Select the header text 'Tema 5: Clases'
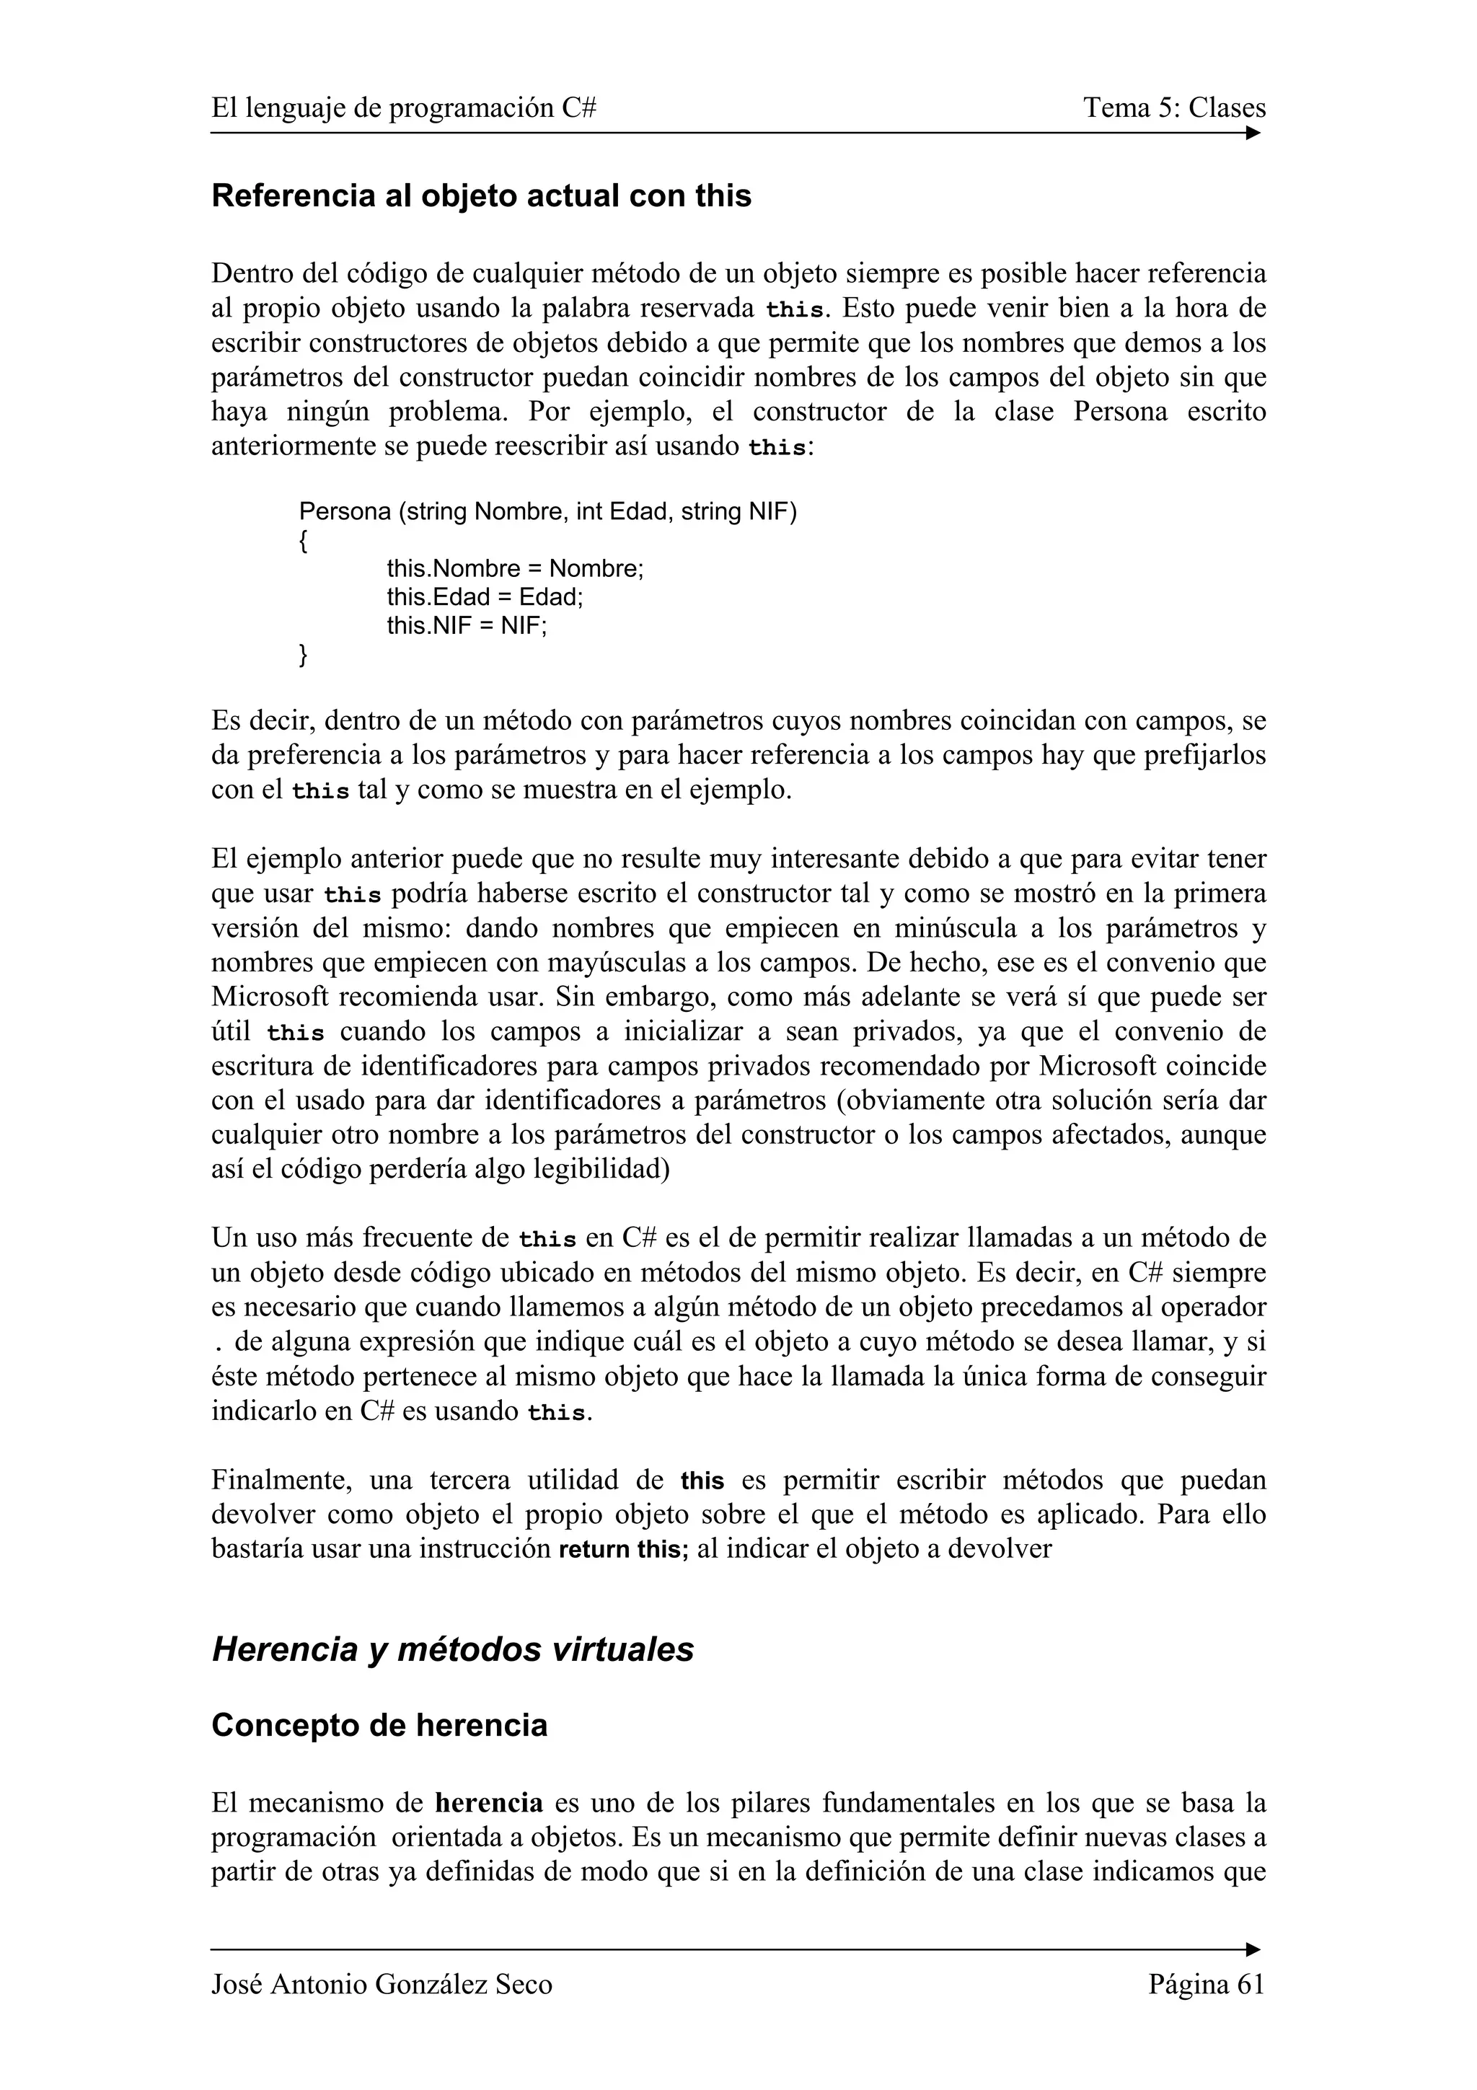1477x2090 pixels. pyautogui.click(x=1174, y=108)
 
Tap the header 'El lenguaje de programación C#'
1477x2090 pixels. pyautogui.click(x=403, y=108)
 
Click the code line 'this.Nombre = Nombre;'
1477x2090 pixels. pyautogui.click(x=514, y=569)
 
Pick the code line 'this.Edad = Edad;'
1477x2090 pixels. pyautogui.click(x=484, y=597)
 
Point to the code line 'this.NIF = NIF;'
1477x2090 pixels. pyautogui.click(x=467, y=626)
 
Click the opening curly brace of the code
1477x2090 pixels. pyautogui.click(x=303, y=541)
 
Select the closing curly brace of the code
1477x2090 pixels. pyautogui.click(x=303, y=655)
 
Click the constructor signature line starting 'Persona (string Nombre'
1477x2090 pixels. pyautogui.click(x=547, y=511)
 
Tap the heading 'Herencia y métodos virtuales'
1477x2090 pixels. pyautogui.click(x=452, y=1649)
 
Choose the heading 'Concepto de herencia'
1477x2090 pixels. pyautogui.click(x=379, y=1725)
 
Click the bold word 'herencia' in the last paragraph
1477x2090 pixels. pyautogui.click(x=489, y=1802)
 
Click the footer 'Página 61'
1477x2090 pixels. pyautogui.click(x=1207, y=1985)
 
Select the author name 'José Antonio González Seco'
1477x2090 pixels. pyautogui.click(x=382, y=1985)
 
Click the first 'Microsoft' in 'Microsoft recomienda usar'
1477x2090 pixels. pyautogui.click(x=270, y=997)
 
